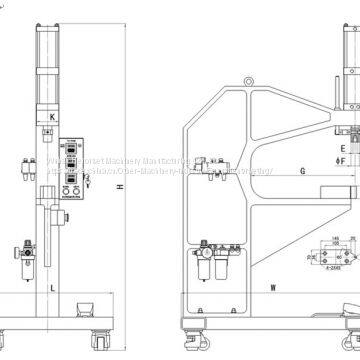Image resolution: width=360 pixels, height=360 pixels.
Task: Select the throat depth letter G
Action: [272, 172]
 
